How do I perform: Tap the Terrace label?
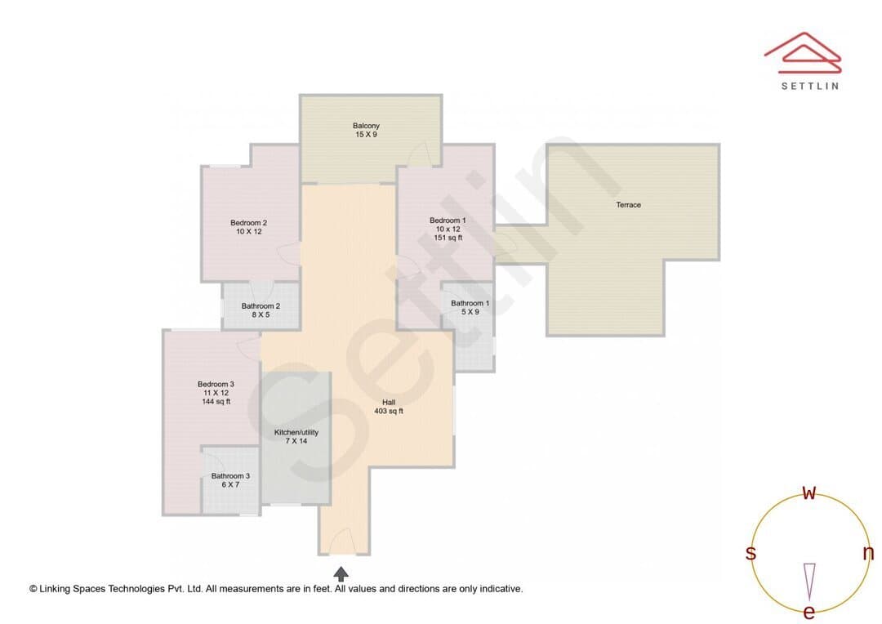(x=628, y=205)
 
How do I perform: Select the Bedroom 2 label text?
(x=248, y=223)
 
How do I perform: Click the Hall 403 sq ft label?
(x=389, y=407)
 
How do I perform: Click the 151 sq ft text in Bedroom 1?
(x=448, y=238)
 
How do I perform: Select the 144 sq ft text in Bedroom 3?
(x=216, y=401)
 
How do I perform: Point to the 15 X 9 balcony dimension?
(x=366, y=135)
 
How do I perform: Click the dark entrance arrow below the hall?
(x=341, y=574)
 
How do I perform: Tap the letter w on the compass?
(x=808, y=493)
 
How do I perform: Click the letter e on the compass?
(x=808, y=612)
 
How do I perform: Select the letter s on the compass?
(x=751, y=553)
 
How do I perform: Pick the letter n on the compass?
(x=868, y=553)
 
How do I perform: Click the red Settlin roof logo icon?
(x=803, y=53)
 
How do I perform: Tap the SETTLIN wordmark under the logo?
(x=810, y=86)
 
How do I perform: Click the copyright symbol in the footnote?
(x=33, y=589)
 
